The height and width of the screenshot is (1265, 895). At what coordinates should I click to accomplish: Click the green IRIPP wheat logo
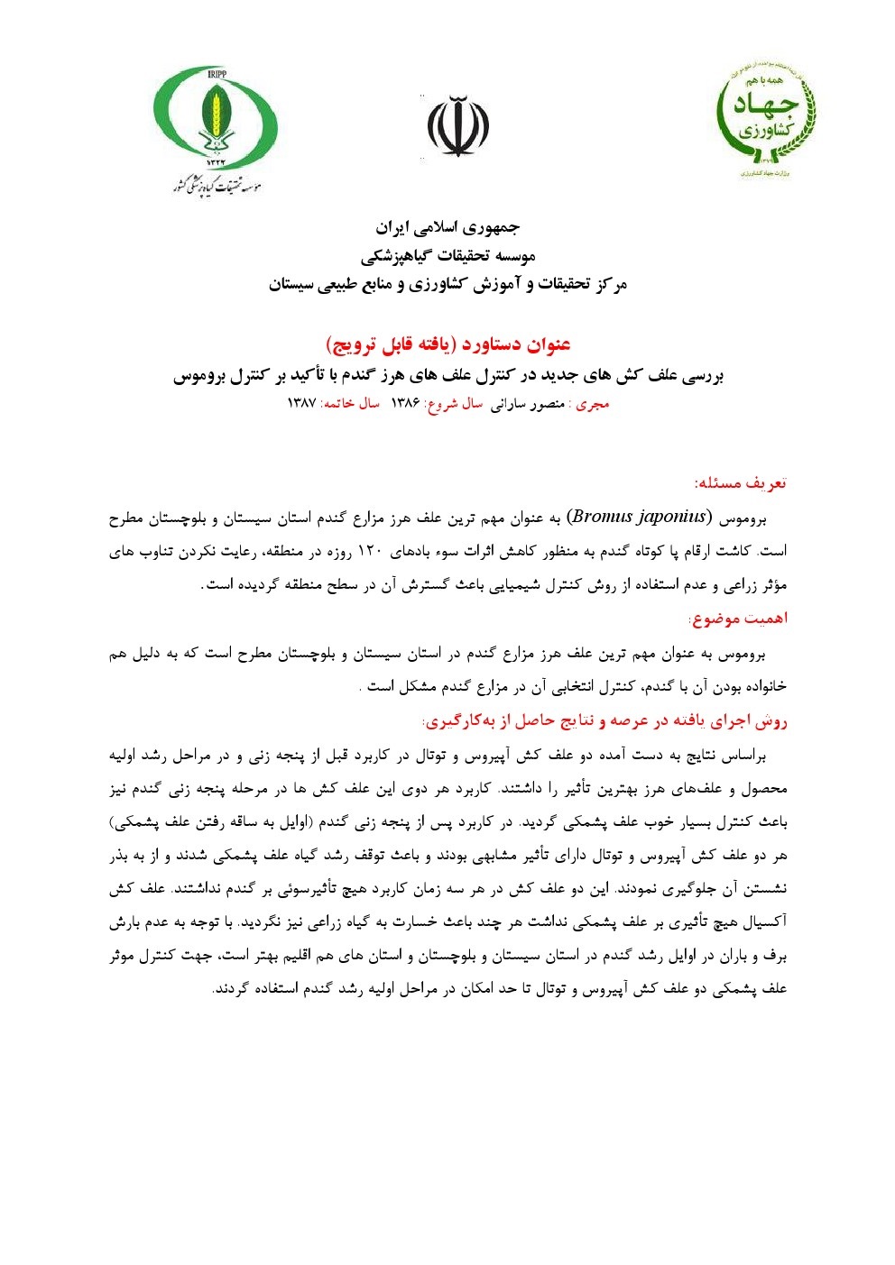(x=216, y=117)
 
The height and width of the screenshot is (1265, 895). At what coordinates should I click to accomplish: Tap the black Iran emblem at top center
(x=457, y=127)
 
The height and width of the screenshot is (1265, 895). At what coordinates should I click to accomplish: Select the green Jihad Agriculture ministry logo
(x=766, y=117)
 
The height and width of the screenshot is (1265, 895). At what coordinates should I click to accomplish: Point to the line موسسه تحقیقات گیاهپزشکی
(x=447, y=256)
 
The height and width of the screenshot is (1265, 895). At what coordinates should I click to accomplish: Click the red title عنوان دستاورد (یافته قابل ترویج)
(x=447, y=344)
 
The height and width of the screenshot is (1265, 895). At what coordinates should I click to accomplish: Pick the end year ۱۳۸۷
(x=300, y=404)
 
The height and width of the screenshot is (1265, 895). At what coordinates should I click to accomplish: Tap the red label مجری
(x=593, y=404)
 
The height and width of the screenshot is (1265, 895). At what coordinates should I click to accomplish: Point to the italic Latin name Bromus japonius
(x=639, y=518)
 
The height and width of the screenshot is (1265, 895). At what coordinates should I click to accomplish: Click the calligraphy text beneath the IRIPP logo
(x=217, y=184)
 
